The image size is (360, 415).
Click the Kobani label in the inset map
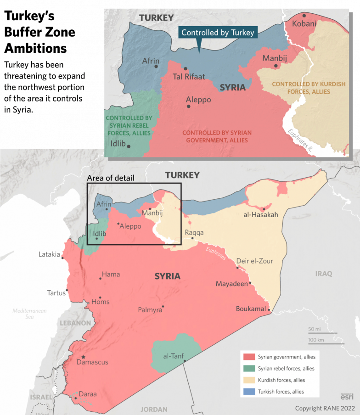pos(304,24)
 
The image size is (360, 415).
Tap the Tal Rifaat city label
pos(189,77)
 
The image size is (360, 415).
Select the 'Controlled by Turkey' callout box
pos(218,33)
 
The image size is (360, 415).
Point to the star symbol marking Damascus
pos(83,357)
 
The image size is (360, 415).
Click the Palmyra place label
pos(150,310)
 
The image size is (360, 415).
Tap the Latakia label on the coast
pos(49,254)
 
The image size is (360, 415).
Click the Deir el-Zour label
pos(254,261)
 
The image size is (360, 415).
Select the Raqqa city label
pos(194,232)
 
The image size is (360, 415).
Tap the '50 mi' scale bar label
pos(314,329)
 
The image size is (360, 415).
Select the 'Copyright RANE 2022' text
pos(325,408)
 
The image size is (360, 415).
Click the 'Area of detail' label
pos(111,178)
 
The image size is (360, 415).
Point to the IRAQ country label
pos(323,274)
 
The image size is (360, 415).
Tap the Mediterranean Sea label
pos(29,314)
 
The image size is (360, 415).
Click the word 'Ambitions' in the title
pos(36,48)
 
